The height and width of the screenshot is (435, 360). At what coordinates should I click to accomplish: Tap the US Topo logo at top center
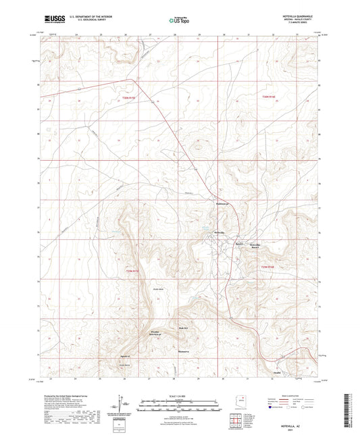(x=179, y=20)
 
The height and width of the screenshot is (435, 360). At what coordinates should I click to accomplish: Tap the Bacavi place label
(x=238, y=243)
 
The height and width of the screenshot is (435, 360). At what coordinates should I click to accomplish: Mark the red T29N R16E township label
(x=269, y=268)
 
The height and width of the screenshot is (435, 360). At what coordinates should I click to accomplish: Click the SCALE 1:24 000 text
(x=179, y=395)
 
